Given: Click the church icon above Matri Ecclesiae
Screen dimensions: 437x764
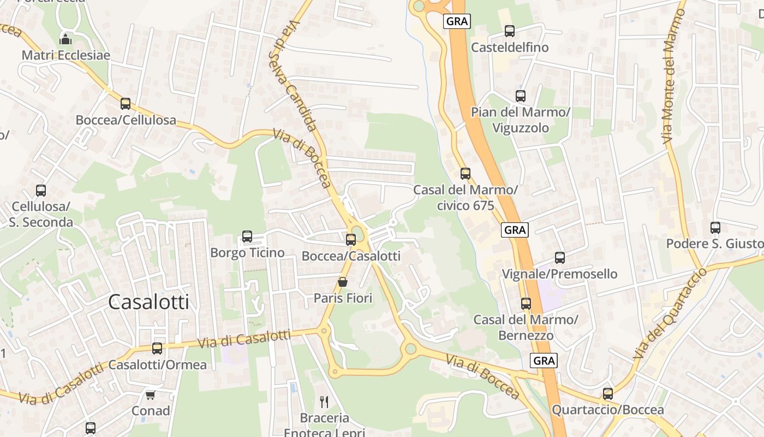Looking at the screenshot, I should coord(65,39).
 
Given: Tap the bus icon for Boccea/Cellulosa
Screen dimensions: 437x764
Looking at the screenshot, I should coord(126,104).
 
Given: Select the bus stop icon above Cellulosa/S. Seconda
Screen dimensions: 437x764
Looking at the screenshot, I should coord(41,191).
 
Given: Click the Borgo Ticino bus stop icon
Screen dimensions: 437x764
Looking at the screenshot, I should coord(247,237).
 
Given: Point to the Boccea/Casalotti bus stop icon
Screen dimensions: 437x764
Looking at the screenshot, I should coord(351,239).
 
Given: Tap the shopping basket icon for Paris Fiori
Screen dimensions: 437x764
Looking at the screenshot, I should coord(343,282).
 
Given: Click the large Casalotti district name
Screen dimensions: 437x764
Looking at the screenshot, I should coord(148,302).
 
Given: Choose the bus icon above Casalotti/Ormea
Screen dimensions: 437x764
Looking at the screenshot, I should coord(157,348).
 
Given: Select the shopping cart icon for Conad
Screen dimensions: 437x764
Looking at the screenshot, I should coord(151,394).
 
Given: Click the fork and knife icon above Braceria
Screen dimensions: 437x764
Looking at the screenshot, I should coord(324,402).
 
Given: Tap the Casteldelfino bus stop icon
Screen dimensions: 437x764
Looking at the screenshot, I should coord(510,31).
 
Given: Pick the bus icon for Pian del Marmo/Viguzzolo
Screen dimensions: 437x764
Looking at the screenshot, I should coord(521,96).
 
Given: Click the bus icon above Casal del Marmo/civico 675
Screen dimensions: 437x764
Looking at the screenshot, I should coord(465,174).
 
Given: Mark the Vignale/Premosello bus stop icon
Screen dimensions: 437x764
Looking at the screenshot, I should coord(559,257).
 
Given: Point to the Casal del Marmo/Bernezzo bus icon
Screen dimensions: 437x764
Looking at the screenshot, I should coord(526,303).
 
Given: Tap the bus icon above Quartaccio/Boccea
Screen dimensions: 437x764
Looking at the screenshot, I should coord(608,393).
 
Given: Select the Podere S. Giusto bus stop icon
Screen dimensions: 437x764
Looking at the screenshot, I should coord(715,227).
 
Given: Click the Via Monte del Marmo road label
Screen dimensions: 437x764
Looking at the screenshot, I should coord(673,76).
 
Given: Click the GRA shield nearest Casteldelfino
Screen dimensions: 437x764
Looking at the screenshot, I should coord(457,21).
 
